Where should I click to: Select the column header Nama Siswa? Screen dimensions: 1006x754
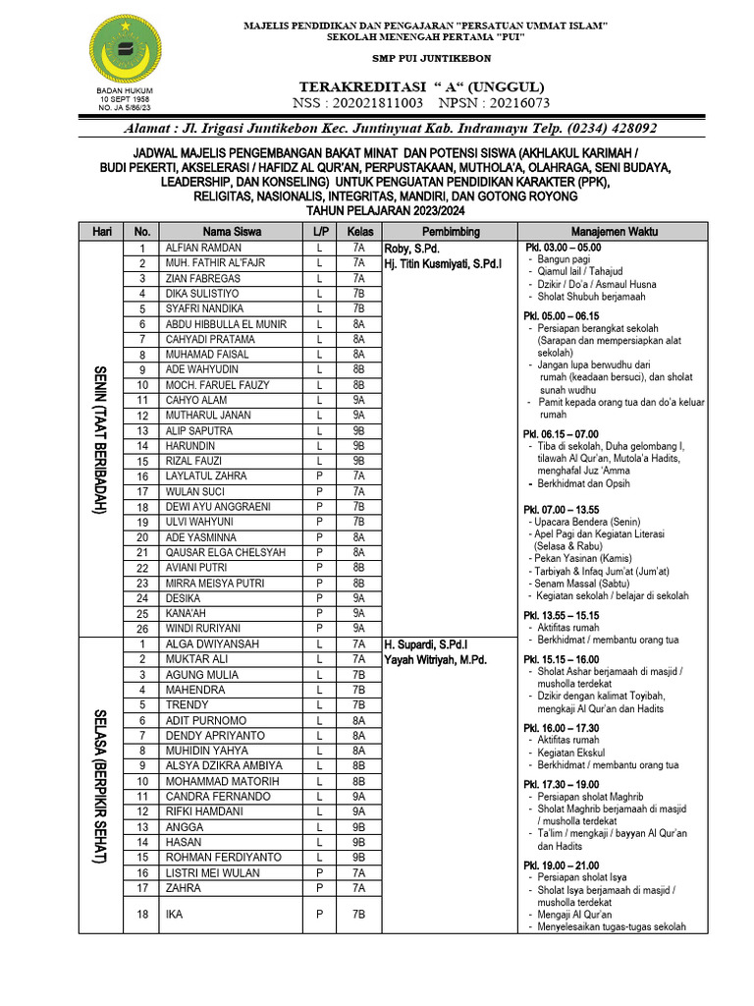click(231, 232)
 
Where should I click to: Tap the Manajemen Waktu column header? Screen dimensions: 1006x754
click(614, 232)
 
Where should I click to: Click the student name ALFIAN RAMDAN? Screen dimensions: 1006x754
click(203, 249)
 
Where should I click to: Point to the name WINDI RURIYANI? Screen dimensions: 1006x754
click(202, 628)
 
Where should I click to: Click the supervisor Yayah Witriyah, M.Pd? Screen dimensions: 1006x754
click(435, 659)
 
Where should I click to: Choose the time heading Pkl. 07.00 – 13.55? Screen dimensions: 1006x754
click(561, 510)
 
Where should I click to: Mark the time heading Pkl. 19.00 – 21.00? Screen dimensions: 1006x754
click(561, 865)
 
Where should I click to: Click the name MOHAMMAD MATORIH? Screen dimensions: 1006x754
click(217, 781)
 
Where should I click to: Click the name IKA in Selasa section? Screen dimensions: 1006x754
click(174, 914)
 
